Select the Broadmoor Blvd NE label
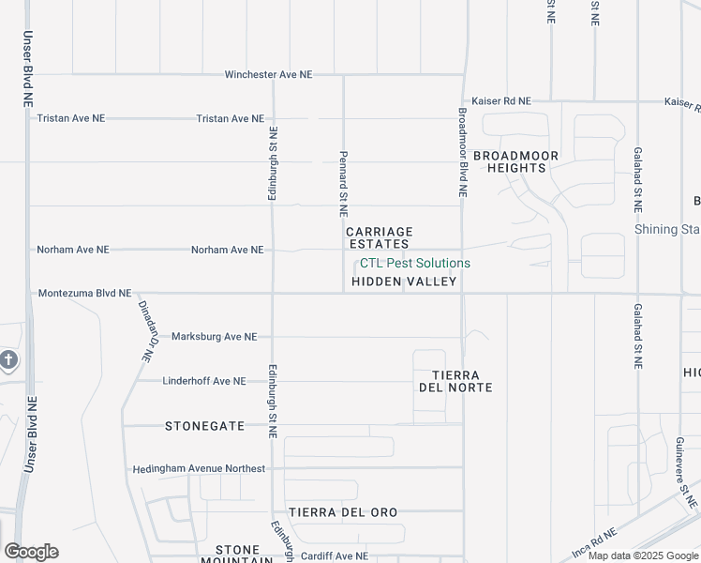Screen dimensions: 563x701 [462, 150]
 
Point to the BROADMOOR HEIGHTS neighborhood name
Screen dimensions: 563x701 [515, 161]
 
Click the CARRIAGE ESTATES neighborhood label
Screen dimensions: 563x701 [379, 237]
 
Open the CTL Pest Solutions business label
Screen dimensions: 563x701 [415, 264]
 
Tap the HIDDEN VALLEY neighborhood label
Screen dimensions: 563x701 [404, 281]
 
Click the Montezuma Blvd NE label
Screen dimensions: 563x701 [84, 294]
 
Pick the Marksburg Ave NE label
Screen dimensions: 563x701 [214, 337]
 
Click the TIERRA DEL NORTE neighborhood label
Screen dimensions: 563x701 [455, 381]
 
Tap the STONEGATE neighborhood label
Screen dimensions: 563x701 [204, 426]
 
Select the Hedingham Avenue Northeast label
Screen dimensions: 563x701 [199, 468]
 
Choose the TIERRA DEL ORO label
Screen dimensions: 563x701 [343, 512]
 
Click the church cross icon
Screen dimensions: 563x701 [7, 360]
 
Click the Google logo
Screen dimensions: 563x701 [31, 552]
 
